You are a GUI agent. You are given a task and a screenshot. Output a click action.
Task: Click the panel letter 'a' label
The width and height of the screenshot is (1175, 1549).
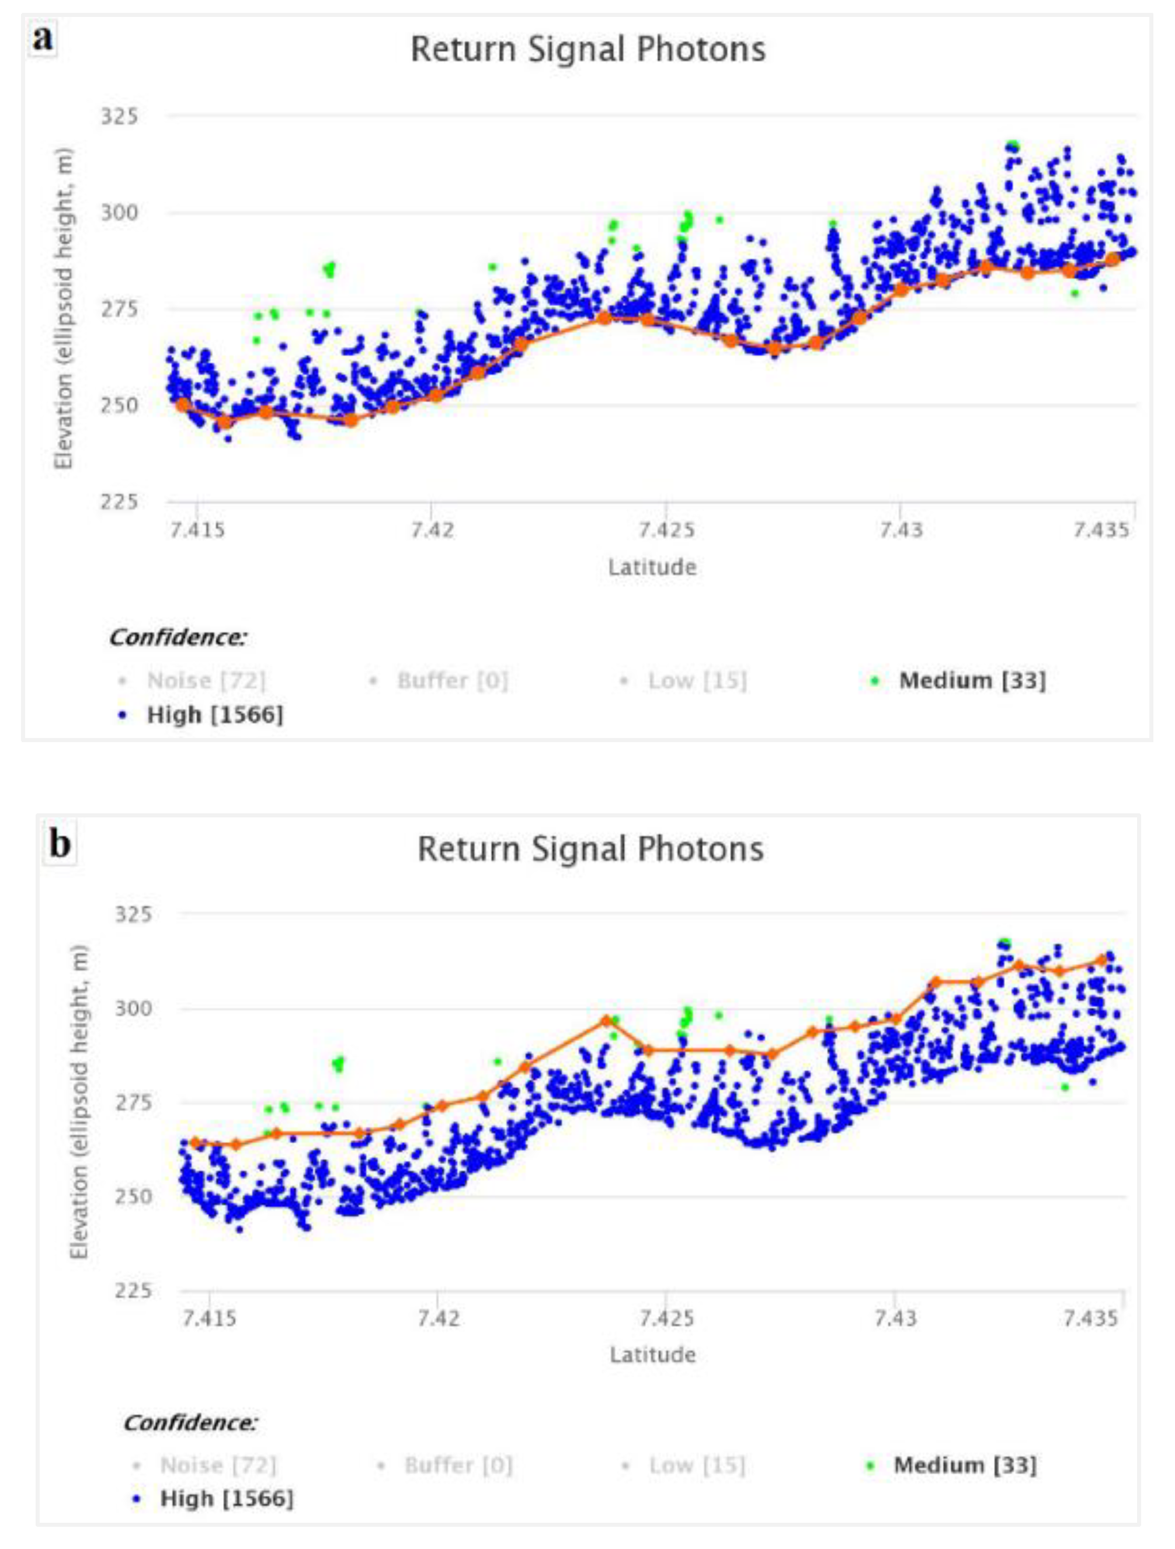42,39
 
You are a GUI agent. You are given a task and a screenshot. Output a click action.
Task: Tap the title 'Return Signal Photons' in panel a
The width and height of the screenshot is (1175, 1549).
587,50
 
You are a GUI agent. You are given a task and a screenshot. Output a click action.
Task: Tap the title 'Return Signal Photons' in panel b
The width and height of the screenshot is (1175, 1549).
590,850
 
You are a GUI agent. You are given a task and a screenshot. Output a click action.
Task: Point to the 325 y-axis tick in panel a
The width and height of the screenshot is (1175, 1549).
120,116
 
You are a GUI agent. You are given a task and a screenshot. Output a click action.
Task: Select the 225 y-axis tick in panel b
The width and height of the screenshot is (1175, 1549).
133,1290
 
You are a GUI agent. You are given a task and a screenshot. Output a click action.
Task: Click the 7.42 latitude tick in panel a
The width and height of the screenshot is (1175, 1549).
432,530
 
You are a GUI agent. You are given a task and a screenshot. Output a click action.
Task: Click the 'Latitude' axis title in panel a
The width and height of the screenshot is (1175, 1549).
652,566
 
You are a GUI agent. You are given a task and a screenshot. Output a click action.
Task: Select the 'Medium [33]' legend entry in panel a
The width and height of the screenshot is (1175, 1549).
972,680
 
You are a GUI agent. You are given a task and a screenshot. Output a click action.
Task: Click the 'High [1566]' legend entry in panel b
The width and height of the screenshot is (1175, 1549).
226,1499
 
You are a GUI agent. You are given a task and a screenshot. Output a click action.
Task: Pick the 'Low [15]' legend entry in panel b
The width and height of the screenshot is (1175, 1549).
697,1465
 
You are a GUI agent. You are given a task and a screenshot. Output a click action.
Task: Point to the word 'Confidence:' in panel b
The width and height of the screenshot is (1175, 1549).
190,1423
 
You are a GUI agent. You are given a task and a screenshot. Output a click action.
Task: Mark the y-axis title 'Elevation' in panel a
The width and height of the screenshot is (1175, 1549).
64,308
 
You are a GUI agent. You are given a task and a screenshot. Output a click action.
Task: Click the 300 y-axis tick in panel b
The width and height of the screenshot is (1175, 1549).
133,1008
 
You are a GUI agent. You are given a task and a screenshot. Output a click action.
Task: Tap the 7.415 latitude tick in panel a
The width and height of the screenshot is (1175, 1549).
197,530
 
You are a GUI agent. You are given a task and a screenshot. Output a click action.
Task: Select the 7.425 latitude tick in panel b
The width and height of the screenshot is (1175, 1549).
666,1318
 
